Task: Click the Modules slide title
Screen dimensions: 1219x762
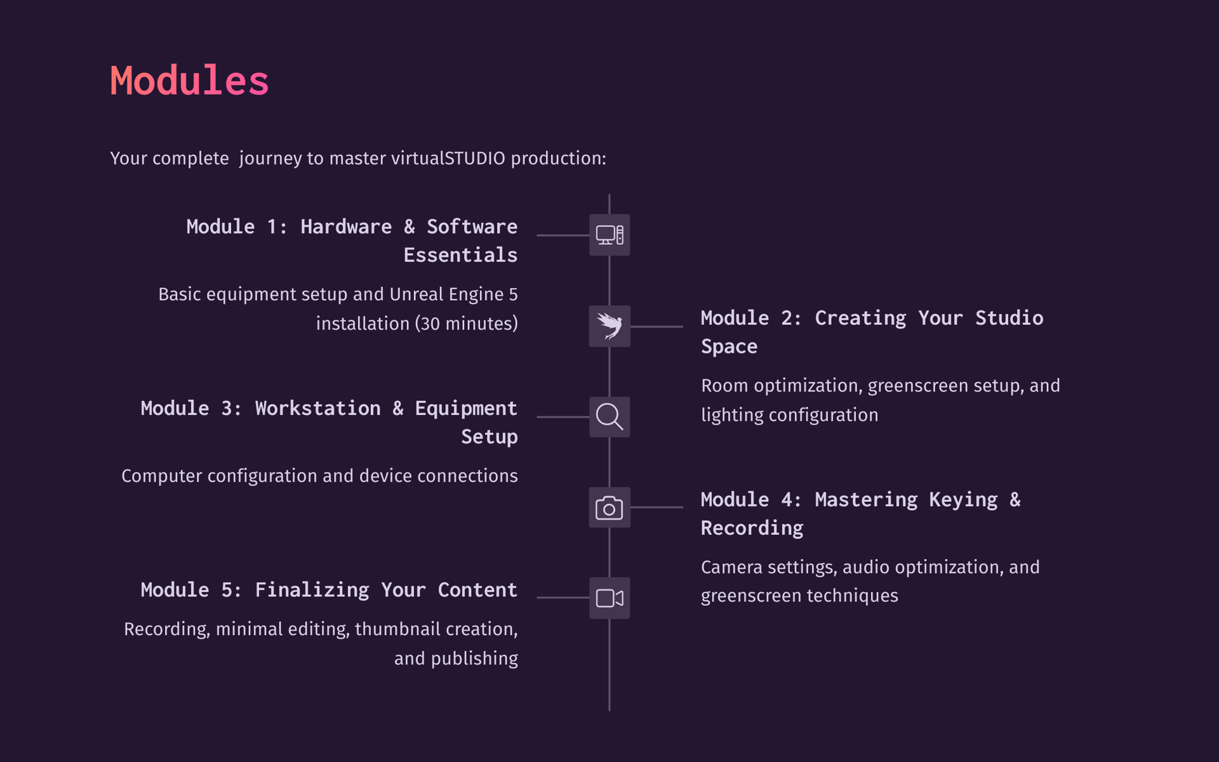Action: [x=189, y=81]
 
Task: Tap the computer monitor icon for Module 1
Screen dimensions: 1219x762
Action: [x=609, y=235]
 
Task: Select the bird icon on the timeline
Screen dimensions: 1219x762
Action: [x=609, y=326]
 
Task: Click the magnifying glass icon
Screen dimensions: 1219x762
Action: [x=609, y=417]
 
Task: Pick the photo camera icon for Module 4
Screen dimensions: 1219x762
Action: [x=609, y=508]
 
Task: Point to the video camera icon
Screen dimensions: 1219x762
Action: [x=609, y=598]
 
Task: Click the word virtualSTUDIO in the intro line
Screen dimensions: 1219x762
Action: [x=448, y=158]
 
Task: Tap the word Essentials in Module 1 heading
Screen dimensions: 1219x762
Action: [x=460, y=255]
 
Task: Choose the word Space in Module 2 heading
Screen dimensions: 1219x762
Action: [x=729, y=346]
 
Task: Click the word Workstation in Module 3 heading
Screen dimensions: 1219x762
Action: [x=317, y=408]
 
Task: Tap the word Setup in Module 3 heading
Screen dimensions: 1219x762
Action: [x=490, y=437]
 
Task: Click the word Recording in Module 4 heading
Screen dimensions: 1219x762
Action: [x=752, y=528]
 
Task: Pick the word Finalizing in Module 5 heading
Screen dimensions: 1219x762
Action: [x=312, y=590]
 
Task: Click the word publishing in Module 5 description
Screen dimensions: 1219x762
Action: [x=474, y=659]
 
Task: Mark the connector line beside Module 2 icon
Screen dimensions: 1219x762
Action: [x=656, y=327]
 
